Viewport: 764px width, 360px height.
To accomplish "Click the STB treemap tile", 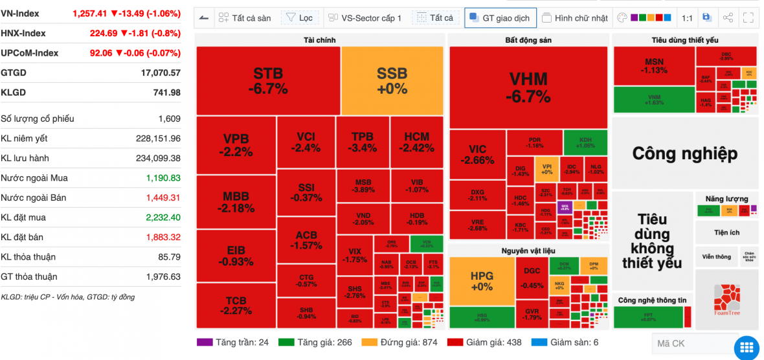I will pos(268,80).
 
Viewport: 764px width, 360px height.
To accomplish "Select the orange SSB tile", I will pos(392,80).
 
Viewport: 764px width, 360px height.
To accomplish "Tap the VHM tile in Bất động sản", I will pos(528,87).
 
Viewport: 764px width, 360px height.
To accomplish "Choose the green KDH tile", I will pos(585,142).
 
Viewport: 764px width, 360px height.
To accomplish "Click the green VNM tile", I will pos(654,100).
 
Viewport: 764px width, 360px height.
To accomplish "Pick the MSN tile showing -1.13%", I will pos(654,66).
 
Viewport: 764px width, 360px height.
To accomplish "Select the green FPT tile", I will pos(648,317).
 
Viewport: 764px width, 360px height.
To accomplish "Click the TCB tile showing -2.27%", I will pos(236,305).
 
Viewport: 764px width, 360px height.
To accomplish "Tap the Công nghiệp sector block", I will pos(684,153).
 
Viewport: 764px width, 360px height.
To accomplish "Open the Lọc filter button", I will pos(299,18).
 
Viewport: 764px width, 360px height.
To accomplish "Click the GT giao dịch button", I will pos(500,18).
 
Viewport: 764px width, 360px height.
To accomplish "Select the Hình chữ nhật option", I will pos(575,18).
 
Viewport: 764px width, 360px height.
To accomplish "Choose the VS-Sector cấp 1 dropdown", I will pos(364,18).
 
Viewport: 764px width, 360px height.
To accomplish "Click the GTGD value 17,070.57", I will pos(161,73).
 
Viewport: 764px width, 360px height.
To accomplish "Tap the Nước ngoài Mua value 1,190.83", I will pos(163,178).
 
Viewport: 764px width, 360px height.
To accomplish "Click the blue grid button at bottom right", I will pos(748,347).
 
